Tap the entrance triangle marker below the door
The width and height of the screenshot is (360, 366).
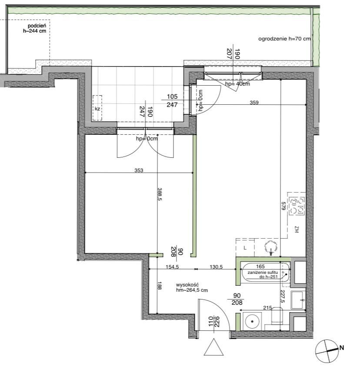(x=213, y=347)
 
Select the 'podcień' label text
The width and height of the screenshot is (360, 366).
(x=37, y=26)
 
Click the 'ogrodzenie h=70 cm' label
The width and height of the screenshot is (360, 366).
(x=284, y=39)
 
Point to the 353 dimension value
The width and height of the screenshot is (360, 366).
(x=139, y=170)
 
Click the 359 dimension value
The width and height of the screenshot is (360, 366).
(x=254, y=103)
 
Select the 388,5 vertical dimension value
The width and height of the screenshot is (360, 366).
(x=160, y=194)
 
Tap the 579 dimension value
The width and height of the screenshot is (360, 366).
(x=283, y=206)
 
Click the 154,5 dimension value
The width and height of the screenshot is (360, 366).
(x=172, y=267)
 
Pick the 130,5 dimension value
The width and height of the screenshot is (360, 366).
(x=216, y=267)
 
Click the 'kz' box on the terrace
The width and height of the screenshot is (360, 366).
(x=97, y=108)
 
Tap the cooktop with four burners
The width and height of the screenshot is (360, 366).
(x=297, y=206)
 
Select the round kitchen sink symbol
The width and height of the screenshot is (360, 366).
(x=271, y=247)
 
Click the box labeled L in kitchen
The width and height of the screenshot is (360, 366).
(x=245, y=248)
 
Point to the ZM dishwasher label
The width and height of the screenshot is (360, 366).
(x=297, y=230)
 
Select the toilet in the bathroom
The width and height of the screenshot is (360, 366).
(x=277, y=317)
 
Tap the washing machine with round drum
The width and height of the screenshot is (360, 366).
(x=252, y=321)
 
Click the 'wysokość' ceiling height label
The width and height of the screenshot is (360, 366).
(x=187, y=285)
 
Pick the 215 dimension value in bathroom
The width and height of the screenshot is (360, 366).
(x=267, y=308)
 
